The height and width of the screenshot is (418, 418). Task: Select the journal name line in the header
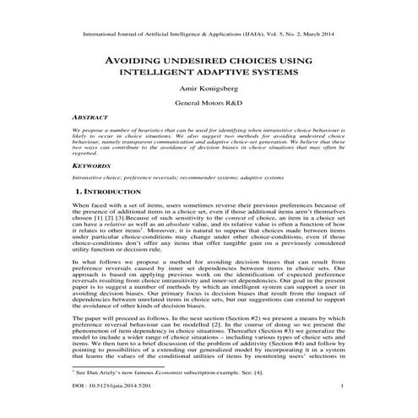point(209,36)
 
